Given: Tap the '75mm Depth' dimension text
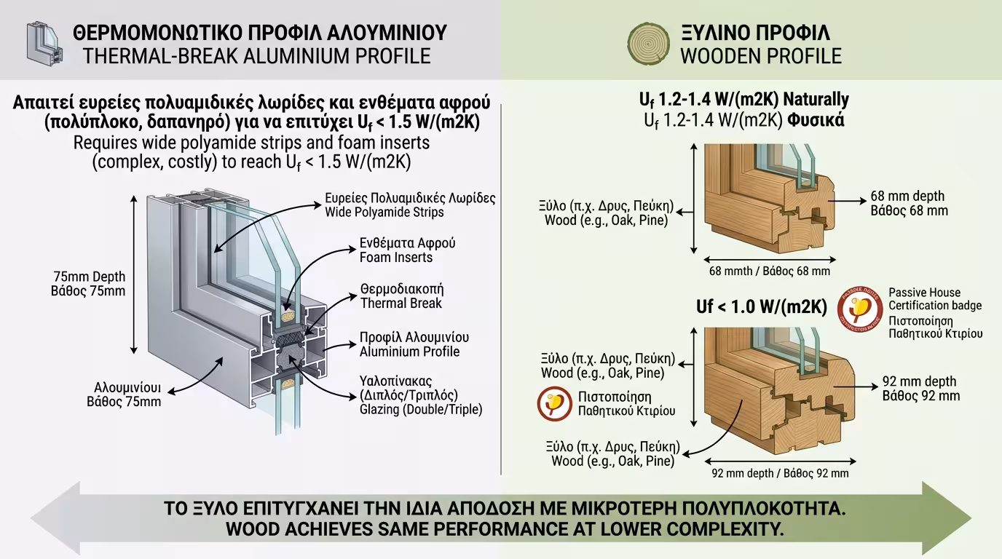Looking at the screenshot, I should (89, 277).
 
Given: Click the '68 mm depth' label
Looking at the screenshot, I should (907, 197).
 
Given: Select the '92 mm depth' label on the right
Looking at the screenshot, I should (919, 381).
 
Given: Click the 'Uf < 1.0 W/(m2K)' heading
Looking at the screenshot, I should (761, 307).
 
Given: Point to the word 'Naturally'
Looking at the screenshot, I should (816, 100).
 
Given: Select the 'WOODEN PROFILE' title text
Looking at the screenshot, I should (760, 56).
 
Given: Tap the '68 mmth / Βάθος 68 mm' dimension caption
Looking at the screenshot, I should (769, 271).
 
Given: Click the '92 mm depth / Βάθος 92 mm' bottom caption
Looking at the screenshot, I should (779, 474).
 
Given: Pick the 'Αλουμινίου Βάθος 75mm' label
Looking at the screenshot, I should (127, 394).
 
